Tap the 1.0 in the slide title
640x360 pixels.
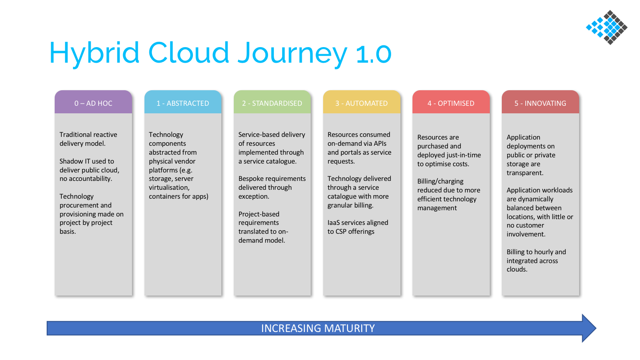pos(374,54)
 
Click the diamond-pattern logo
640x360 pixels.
pos(607,28)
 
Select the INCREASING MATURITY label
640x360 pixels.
pos(318,328)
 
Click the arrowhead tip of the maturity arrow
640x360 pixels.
pos(596,328)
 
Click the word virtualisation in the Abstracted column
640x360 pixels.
pos(169,188)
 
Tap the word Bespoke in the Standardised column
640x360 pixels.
pos(250,179)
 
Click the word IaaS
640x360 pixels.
pos(333,223)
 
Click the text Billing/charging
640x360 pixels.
pos(440,181)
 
